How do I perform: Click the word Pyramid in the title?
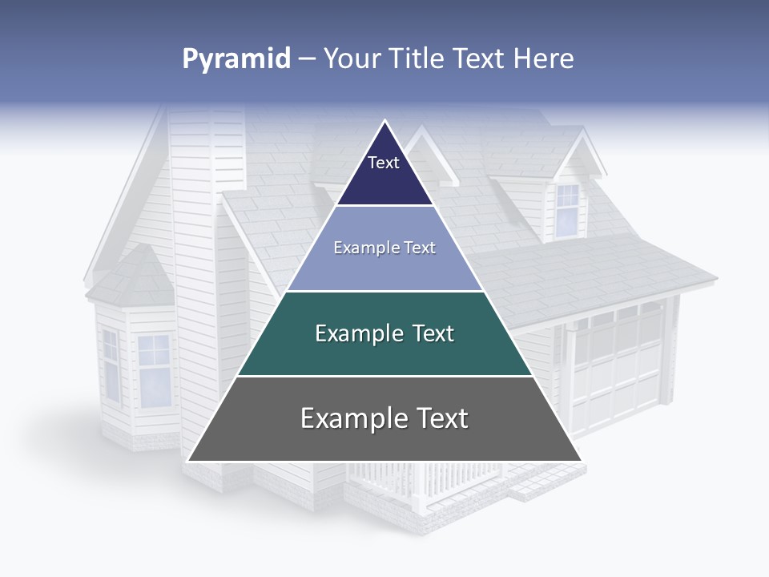click(x=236, y=59)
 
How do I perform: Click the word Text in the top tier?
click(x=383, y=163)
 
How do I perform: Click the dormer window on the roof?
click(x=567, y=210)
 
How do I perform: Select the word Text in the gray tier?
click(x=433, y=418)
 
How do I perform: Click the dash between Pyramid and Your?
click(x=307, y=59)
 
